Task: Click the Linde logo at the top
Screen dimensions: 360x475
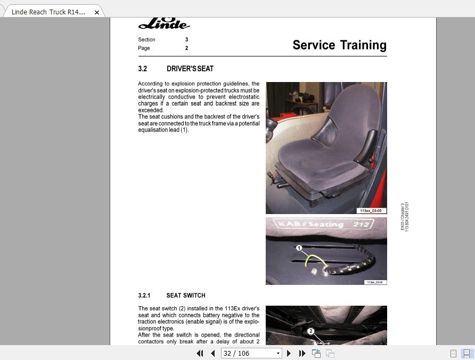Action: click(x=164, y=23)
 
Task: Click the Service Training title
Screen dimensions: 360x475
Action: click(x=339, y=45)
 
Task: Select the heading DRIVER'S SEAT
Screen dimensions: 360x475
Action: click(x=190, y=69)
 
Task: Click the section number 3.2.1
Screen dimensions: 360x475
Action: click(x=144, y=296)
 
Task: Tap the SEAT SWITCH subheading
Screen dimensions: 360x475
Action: click(x=186, y=296)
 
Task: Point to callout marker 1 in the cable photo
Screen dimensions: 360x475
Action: click(x=299, y=248)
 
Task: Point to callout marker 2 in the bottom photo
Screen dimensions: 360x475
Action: click(x=312, y=331)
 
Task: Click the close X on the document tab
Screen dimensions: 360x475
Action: click(x=96, y=12)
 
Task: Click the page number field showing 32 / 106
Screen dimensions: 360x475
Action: click(x=247, y=353)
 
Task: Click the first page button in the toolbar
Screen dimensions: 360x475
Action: click(x=200, y=353)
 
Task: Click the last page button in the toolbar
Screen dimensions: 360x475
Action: click(x=302, y=353)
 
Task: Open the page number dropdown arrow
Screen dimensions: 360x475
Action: click(x=278, y=353)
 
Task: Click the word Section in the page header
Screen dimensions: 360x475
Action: click(x=147, y=39)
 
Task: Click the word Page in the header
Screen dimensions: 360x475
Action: click(x=144, y=48)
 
